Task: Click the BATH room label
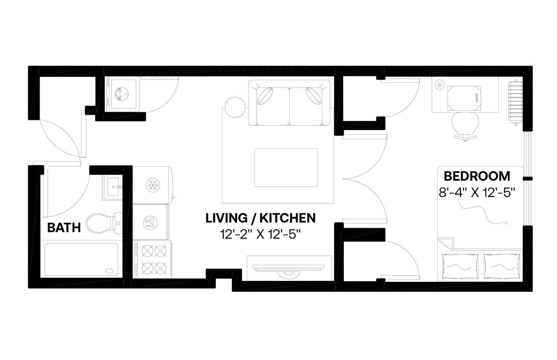64,227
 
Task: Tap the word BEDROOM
476,176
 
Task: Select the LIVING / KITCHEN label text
260,217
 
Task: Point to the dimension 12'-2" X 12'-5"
260,235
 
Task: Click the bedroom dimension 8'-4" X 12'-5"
476,192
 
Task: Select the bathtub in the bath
81,259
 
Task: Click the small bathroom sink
114,187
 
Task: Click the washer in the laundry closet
121,93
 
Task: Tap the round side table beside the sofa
235,106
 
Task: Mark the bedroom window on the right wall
527,178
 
